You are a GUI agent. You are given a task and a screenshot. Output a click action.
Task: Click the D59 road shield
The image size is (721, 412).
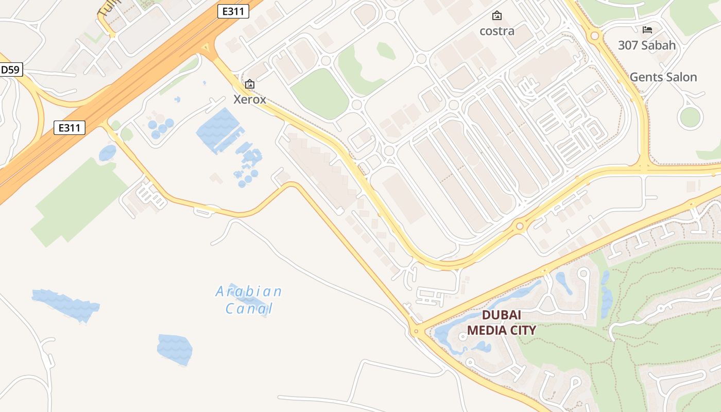coord(11,70)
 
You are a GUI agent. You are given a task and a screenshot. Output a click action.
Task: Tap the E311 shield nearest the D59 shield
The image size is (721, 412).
coord(69,128)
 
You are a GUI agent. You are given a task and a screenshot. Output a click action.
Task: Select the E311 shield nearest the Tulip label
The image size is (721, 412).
coord(233,11)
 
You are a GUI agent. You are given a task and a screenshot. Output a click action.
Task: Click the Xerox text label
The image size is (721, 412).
coord(250,99)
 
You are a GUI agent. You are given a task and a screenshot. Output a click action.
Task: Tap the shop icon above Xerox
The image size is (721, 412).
coord(250,83)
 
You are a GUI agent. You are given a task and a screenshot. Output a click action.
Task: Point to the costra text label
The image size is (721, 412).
coord(497,31)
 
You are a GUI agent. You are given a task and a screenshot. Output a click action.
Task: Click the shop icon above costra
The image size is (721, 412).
coord(496,15)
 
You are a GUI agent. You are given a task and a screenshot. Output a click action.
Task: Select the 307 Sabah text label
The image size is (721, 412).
coord(647,45)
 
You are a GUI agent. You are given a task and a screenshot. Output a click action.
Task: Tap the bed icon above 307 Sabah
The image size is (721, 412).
coord(647,30)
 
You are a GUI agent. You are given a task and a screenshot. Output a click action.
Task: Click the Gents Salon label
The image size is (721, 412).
coord(663,77)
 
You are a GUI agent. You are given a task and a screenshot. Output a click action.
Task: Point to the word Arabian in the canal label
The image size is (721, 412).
coord(249,292)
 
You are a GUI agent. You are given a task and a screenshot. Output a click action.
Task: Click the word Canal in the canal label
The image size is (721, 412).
coord(249,309)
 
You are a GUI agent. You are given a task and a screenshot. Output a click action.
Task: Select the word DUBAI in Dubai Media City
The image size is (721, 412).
coord(501,315)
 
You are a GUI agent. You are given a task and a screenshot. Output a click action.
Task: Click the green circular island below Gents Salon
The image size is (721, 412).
coord(691,117)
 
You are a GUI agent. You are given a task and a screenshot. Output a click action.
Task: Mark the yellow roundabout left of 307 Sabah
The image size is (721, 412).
coord(595,36)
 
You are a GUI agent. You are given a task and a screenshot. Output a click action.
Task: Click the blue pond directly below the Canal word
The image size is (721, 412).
coord(175,350)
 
